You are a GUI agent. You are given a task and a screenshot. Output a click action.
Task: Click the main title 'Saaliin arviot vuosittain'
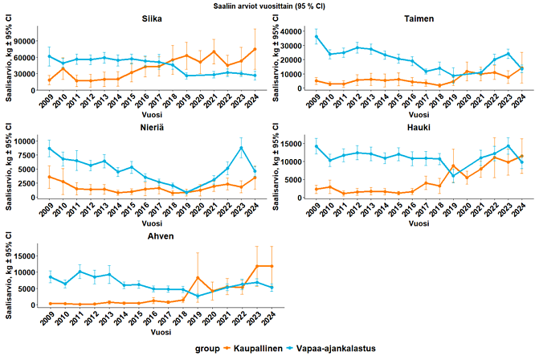[269, 6]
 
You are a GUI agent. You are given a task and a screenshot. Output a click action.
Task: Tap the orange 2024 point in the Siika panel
[255, 49]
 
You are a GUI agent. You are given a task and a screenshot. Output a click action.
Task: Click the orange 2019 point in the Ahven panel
[198, 278]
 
